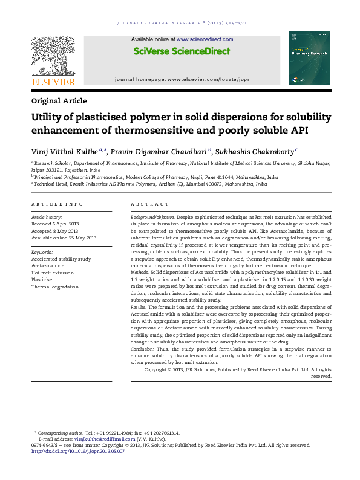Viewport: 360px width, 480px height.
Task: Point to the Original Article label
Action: coord(59,101)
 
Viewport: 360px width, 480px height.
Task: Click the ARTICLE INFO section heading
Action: coord(57,205)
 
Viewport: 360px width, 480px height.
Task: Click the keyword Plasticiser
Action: coord(43,280)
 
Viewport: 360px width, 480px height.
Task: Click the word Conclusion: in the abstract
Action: coord(145,349)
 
